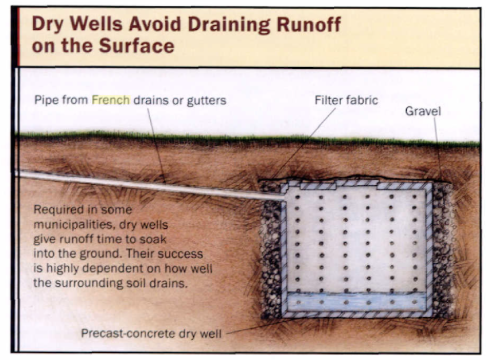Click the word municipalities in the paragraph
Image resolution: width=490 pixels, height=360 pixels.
coord(69,226)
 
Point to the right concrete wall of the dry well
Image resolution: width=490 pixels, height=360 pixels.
coord(429,250)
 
